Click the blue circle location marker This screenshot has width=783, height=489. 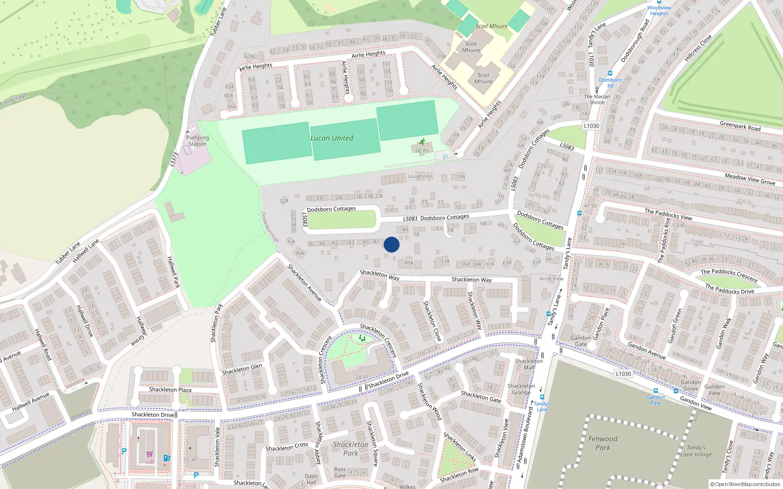tap(391, 244)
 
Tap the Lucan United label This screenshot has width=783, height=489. tap(332, 138)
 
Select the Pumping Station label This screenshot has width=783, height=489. tap(197, 141)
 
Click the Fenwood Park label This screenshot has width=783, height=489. tap(602, 443)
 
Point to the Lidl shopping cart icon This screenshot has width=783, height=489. tap(149, 454)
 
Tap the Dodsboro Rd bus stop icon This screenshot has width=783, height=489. tap(610, 74)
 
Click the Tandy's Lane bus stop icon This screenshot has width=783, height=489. tap(542, 397)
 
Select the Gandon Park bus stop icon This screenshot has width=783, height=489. tap(656, 391)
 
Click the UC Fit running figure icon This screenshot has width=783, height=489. tap(422, 142)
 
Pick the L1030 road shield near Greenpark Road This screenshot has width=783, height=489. tap(591, 126)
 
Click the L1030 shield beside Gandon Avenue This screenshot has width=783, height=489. tap(623, 374)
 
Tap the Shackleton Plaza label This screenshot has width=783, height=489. tap(170, 390)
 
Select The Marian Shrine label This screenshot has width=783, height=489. tap(597, 99)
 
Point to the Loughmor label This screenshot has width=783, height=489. tap(420, 177)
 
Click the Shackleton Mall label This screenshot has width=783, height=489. tap(529, 364)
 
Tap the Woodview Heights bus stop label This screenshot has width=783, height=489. tap(659, 10)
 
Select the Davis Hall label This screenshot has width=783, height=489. tap(311, 479)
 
